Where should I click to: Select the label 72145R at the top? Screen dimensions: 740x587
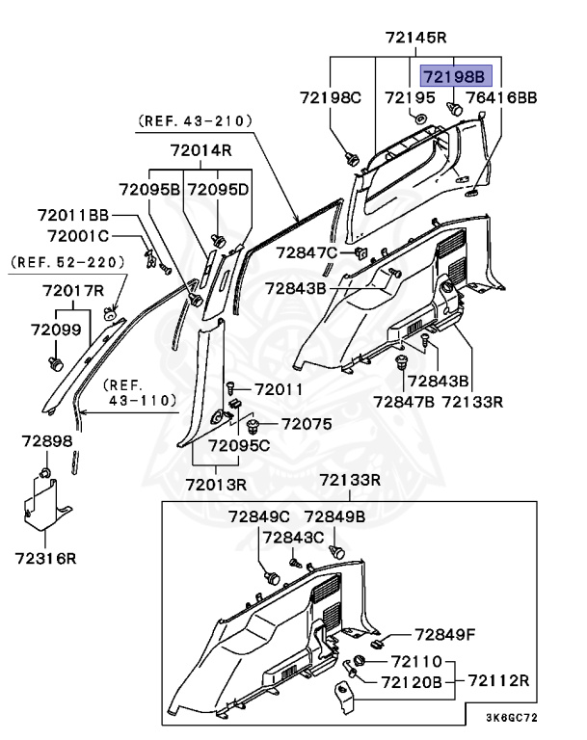[415, 39]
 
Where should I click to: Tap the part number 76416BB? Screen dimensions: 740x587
[502, 98]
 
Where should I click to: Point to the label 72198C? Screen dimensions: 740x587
[331, 98]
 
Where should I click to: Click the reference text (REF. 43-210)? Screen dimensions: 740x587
[195, 121]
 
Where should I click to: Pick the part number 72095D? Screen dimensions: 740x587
[218, 189]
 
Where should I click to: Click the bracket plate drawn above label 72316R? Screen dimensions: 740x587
[46, 507]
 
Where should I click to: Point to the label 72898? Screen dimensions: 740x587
[47, 440]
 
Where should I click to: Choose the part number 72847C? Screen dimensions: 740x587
[307, 252]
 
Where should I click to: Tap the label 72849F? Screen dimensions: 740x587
[446, 634]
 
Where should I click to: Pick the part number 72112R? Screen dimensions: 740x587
[499, 680]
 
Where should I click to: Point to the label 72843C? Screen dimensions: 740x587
[294, 537]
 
